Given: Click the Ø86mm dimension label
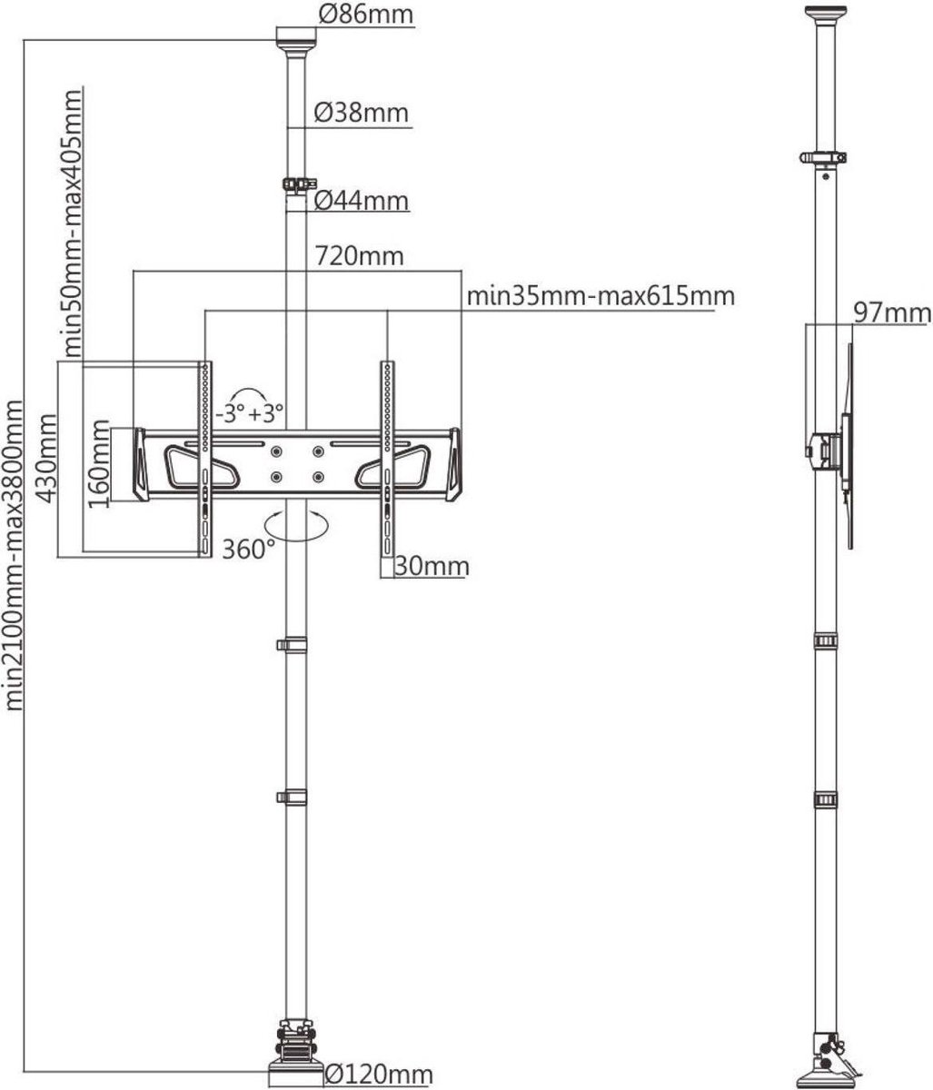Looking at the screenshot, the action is pos(365,15).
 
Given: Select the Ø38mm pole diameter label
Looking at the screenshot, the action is pos(362,113).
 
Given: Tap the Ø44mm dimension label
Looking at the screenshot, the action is pos(362,201).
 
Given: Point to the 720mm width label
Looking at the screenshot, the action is pos(359,257).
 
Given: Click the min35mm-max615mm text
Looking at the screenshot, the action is pos(600,296).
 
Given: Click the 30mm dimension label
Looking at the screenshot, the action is pos(432,567).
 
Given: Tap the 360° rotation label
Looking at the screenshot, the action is pos(248,550).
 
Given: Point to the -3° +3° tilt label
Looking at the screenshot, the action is pos(250,413).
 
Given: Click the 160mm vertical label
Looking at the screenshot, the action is pos(99,463).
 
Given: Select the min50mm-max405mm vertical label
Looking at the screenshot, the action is pos(73,223).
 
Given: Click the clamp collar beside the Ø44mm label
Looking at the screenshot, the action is pos(300,184).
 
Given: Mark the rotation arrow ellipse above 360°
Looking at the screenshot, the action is pos(296,525).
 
